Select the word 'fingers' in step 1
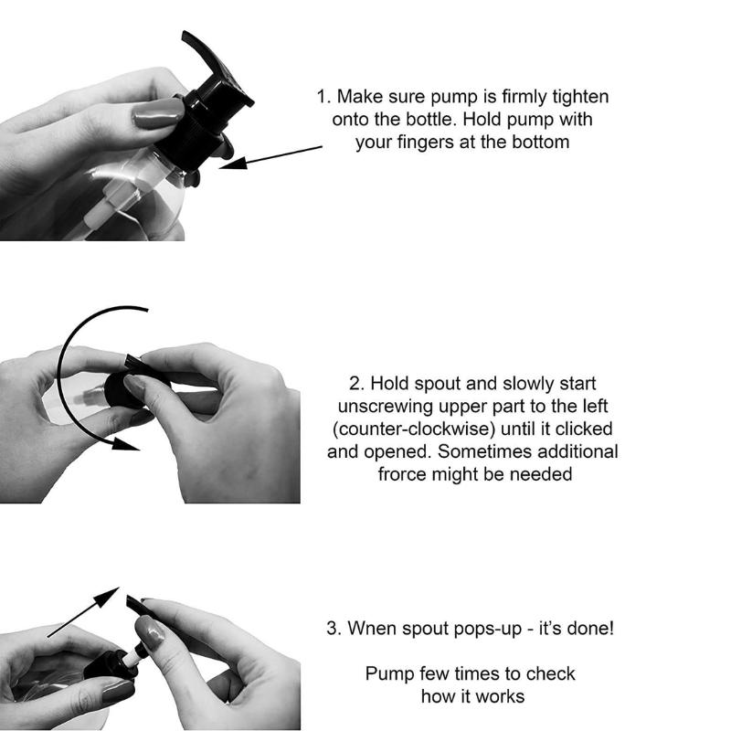pos(426,143)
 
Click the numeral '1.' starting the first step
pos(324,97)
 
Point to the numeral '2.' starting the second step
pos(356,384)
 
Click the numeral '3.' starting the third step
pos(334,629)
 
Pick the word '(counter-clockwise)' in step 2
pos(414,429)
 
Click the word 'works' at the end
pos(501,697)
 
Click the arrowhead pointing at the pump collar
pos(233,163)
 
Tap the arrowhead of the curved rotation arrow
pos(126,444)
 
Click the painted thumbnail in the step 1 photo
pos(157,113)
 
